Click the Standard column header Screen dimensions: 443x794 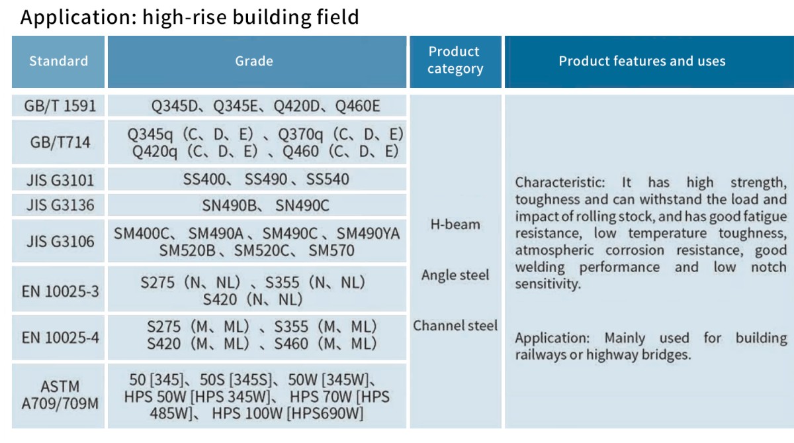click(58, 62)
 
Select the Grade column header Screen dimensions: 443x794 click(254, 62)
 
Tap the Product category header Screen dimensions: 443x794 click(455, 60)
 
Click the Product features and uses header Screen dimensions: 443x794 click(642, 62)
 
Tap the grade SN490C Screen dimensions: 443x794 click(302, 206)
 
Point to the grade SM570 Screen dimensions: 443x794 click(331, 251)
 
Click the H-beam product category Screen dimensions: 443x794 click(455, 224)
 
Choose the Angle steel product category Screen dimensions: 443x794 click(455, 275)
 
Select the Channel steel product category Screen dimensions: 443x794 click(455, 326)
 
